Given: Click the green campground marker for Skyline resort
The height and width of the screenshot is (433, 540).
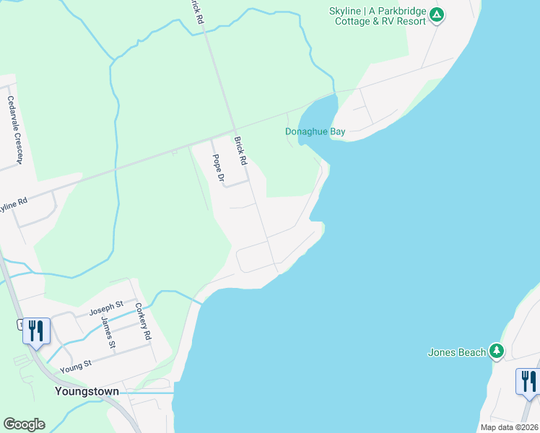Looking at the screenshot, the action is pyautogui.click(x=436, y=14).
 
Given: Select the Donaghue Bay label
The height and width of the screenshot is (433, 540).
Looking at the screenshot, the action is pyautogui.click(x=315, y=132).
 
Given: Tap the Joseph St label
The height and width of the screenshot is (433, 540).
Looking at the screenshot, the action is pyautogui.click(x=102, y=311).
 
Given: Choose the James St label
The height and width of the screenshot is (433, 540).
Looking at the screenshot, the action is pyautogui.click(x=108, y=331).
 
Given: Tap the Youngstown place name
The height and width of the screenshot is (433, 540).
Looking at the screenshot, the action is pyautogui.click(x=87, y=391).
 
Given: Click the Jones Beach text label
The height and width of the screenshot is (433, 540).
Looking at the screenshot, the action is pyautogui.click(x=457, y=352).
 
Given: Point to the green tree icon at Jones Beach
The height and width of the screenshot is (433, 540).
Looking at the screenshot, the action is pyautogui.click(x=497, y=351).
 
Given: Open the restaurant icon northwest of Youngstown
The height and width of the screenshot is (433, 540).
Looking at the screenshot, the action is pyautogui.click(x=36, y=331).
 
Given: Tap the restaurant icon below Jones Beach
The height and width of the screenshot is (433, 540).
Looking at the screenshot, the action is pyautogui.click(x=528, y=381).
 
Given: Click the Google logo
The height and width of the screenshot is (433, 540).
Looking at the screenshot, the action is pyautogui.click(x=24, y=424).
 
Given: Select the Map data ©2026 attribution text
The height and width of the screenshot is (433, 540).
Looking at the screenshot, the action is pyautogui.click(x=509, y=427).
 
